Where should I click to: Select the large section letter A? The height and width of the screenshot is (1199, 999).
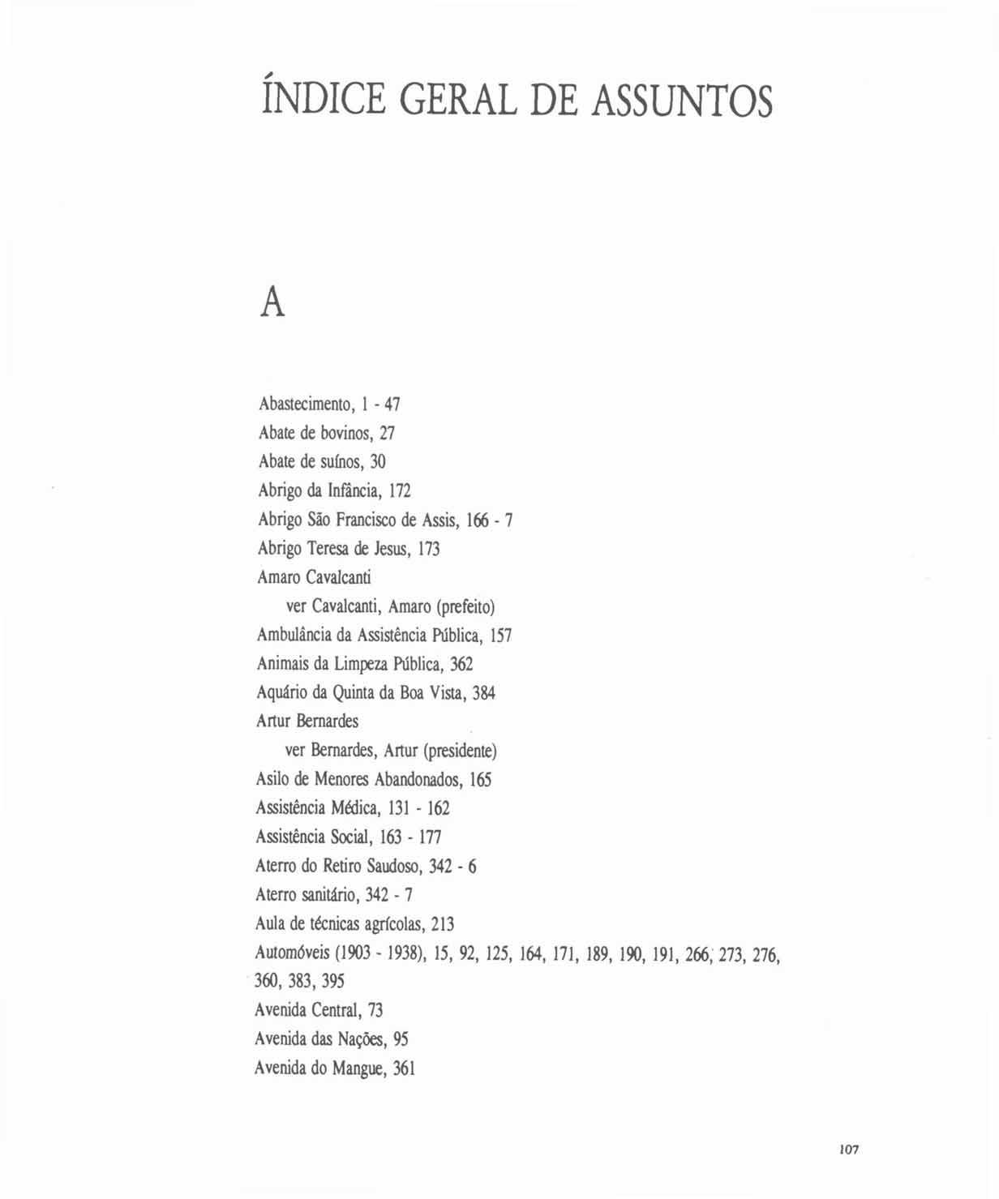(x=273, y=303)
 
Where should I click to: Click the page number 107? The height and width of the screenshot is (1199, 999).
(x=848, y=1149)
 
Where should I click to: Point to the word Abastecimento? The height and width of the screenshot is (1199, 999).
(x=304, y=404)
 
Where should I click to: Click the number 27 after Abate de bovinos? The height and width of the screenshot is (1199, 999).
(x=387, y=433)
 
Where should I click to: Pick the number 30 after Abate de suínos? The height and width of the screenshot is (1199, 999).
(x=378, y=462)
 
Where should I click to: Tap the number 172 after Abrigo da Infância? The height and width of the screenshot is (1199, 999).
(x=400, y=491)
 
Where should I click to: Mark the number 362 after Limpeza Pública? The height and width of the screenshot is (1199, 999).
(x=461, y=664)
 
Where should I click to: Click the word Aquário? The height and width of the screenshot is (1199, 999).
(x=281, y=693)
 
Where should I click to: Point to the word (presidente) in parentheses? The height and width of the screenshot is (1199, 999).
(x=461, y=751)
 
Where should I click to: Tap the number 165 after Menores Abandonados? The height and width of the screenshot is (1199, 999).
(x=480, y=780)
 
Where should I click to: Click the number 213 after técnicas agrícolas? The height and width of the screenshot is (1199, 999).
(x=443, y=924)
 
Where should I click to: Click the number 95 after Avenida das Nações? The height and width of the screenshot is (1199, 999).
(x=401, y=1039)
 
